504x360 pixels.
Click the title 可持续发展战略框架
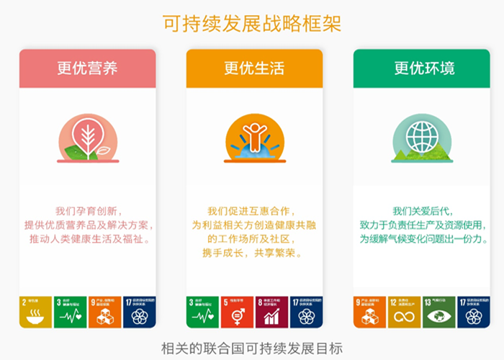point(252,24)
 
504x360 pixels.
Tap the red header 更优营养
point(87,68)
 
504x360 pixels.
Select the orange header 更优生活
point(254,68)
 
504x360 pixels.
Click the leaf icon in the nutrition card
point(87,138)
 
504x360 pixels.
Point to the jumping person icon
point(254,137)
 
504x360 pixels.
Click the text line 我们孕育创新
point(87,211)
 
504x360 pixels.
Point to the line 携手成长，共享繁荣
point(254,253)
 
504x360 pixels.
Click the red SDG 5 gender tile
point(238,311)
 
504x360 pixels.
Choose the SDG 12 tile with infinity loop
point(404,311)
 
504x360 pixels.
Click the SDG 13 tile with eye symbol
point(438,311)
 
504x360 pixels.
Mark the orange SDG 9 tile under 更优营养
point(104,311)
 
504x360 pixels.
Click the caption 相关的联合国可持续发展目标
point(252,346)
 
